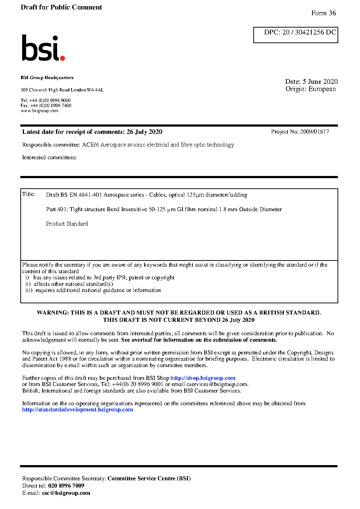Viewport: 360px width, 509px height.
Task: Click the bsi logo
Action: [x=43, y=48]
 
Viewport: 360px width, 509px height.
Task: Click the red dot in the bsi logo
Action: [x=62, y=58]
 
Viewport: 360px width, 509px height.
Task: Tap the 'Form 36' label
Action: [x=323, y=13]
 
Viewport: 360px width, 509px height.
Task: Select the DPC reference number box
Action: [x=296, y=35]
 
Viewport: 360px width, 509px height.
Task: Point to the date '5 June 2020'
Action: [x=320, y=82]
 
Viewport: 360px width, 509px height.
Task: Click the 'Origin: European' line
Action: [x=311, y=89]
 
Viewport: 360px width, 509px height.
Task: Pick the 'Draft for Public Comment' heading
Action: [x=61, y=7]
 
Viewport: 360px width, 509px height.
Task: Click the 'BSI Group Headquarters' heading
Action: [x=47, y=78]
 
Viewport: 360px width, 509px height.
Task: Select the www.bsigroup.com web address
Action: [x=40, y=111]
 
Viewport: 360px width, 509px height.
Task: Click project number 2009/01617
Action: [x=314, y=132]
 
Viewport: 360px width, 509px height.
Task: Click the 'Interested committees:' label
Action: [x=49, y=157]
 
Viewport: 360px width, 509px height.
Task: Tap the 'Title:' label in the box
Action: [x=29, y=194]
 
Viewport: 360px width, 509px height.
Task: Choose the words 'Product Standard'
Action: [x=67, y=224]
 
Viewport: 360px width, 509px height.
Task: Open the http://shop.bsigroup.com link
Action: [x=203, y=378]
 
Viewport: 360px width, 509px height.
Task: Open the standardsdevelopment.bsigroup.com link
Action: [x=77, y=410]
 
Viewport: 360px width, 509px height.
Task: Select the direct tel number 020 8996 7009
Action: [x=66, y=486]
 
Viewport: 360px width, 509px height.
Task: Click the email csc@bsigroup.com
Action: [x=66, y=493]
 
